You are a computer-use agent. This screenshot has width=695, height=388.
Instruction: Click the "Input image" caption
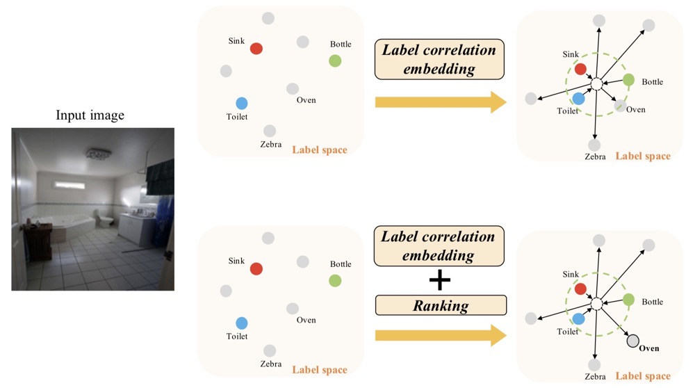(90, 115)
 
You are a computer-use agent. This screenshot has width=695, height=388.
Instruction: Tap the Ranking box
(441, 305)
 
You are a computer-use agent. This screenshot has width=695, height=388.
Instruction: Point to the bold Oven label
(648, 348)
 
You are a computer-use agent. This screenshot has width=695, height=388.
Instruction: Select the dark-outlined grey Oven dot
(632, 341)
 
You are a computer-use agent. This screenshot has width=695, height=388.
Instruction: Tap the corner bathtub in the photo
(70, 223)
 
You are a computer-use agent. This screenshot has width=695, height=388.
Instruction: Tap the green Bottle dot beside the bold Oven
(628, 300)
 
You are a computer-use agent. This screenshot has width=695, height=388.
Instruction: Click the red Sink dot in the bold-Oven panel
(580, 289)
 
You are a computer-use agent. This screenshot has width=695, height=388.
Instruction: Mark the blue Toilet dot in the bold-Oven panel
(578, 318)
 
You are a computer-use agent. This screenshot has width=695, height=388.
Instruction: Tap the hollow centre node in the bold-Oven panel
(596, 304)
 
